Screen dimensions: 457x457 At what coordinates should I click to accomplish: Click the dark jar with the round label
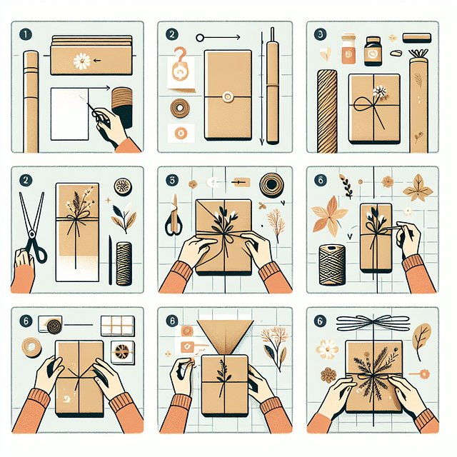(x=373, y=51)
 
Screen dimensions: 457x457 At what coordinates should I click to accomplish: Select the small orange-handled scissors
(x=173, y=221)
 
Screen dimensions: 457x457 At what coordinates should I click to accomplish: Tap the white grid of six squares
(x=118, y=326)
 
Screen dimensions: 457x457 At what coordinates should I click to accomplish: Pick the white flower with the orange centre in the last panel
(x=327, y=348)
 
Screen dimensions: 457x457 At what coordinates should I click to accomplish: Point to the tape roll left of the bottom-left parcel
(x=31, y=348)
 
